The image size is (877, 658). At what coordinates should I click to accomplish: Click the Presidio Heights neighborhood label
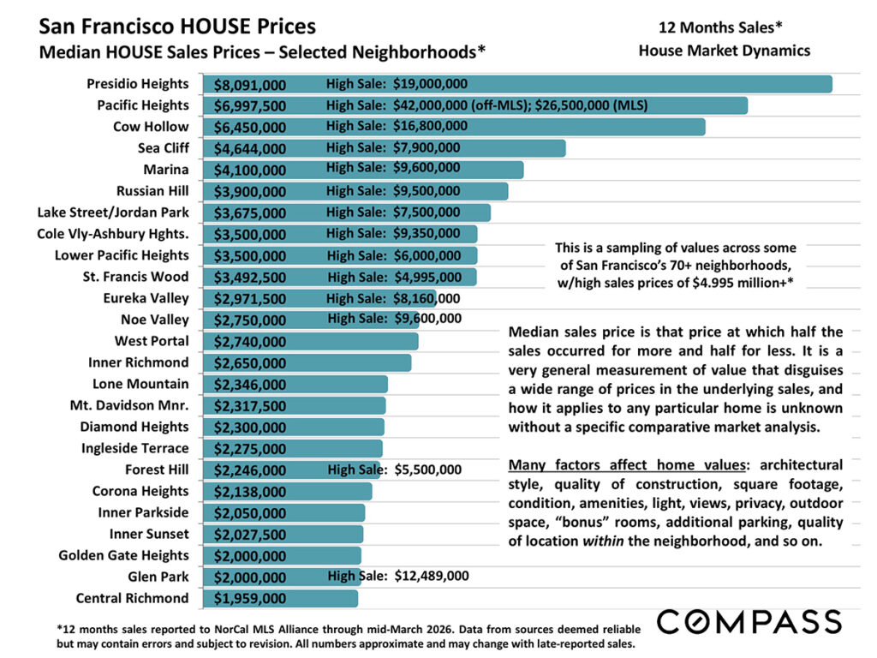tap(137, 84)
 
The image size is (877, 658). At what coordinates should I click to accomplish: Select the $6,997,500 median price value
tap(249, 106)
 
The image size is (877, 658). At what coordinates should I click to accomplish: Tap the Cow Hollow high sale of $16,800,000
tap(397, 126)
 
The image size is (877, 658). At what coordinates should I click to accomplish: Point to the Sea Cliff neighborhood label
tap(163, 148)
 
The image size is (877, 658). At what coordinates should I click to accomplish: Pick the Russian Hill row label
tap(152, 191)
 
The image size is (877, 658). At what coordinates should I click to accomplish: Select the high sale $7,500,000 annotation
tap(393, 212)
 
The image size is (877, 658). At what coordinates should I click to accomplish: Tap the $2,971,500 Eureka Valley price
tap(249, 299)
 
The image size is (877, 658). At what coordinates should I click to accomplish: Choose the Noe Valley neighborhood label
tap(154, 320)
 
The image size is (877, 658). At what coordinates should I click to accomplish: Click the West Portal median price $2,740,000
tap(249, 342)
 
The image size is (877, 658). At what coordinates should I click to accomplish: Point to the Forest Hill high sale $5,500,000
tap(395, 470)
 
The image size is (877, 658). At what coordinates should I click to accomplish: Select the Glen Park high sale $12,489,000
tap(398, 576)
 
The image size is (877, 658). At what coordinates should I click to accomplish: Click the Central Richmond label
tap(132, 598)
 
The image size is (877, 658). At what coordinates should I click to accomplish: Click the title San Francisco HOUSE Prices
tap(177, 27)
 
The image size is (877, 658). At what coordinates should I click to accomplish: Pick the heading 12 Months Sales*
tap(724, 27)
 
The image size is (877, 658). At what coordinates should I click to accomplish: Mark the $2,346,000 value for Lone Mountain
tap(249, 385)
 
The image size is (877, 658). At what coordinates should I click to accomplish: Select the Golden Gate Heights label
tap(123, 555)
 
